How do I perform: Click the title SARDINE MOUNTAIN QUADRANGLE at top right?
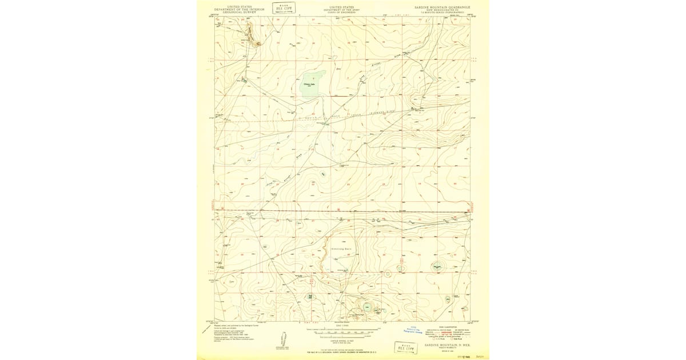click(442, 7)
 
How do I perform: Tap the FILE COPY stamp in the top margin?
click(284, 8)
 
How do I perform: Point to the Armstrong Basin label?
click(342, 249)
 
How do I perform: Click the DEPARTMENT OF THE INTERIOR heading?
click(240, 10)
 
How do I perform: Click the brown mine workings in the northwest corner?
click(258, 42)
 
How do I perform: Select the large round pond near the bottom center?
click(366, 307)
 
